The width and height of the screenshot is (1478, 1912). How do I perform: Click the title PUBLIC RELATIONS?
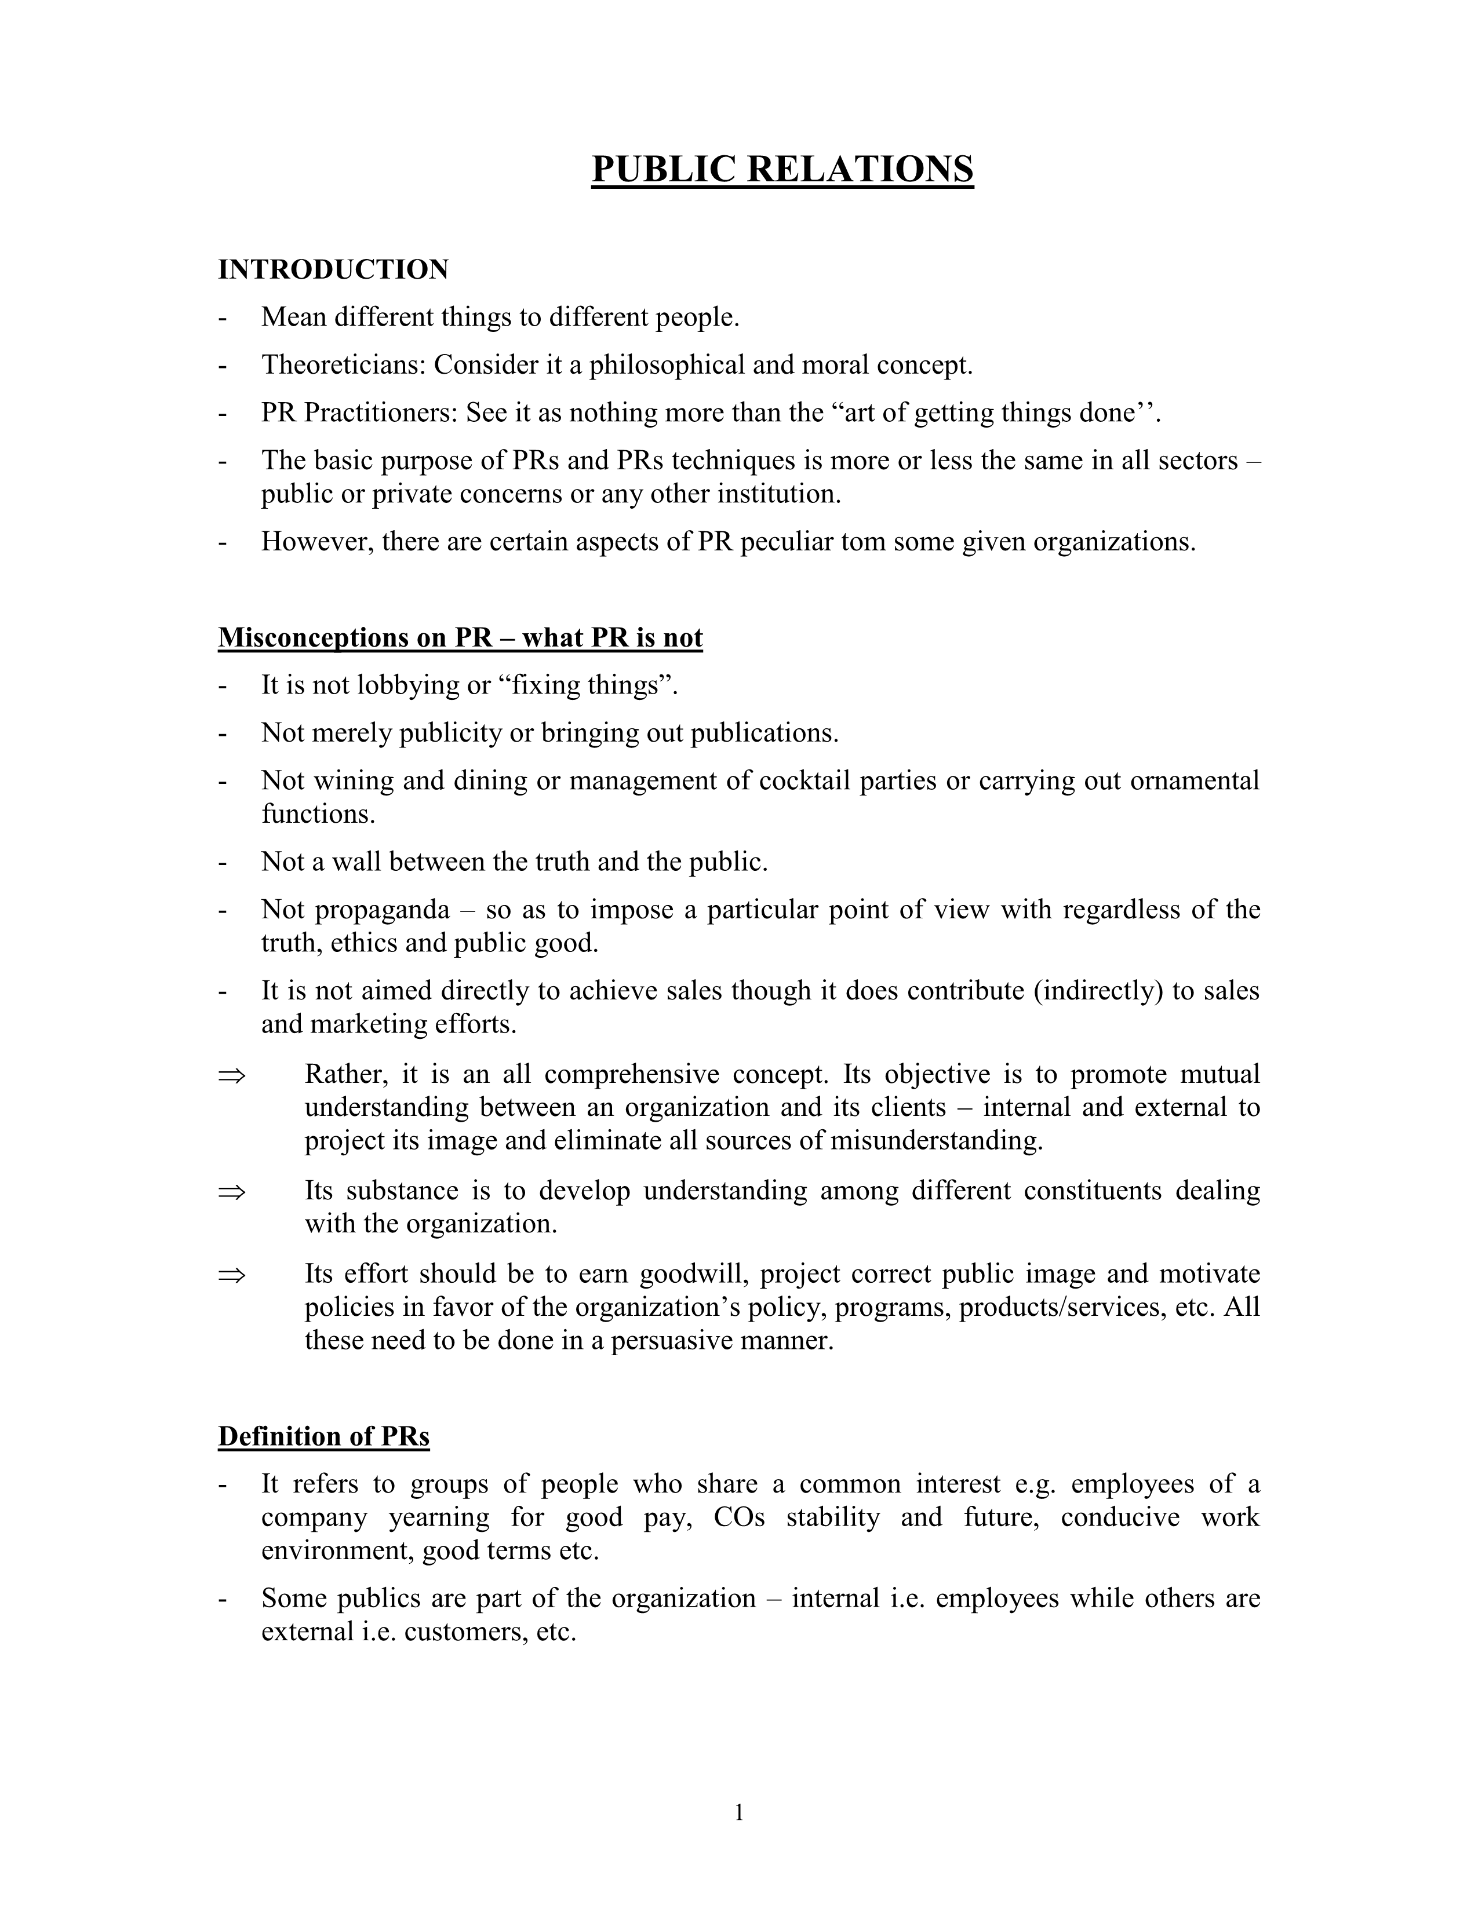coord(782,169)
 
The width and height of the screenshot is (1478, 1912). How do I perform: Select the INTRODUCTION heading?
coord(333,269)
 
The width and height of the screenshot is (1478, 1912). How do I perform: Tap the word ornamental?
coord(1195,781)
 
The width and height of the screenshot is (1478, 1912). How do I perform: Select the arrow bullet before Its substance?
coord(232,1191)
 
